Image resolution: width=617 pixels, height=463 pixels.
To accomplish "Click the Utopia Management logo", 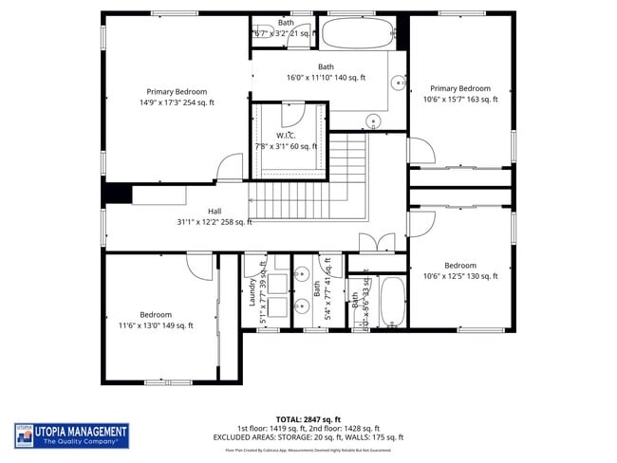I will [72, 435].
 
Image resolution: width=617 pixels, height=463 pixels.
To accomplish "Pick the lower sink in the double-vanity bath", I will [301, 306].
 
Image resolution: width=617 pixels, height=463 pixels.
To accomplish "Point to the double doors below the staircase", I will [375, 243].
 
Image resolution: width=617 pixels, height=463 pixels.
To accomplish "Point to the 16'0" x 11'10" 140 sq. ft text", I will [327, 78].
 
